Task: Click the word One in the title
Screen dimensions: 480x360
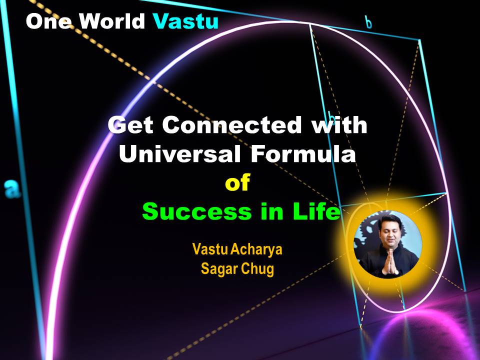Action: [49, 21]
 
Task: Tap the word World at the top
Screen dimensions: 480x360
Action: [112, 21]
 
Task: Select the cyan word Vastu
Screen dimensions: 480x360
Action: [185, 21]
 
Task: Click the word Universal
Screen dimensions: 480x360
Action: [179, 153]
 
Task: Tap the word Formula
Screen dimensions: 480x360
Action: [303, 153]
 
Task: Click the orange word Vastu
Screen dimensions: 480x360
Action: [209, 249]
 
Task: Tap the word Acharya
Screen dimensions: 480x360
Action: [256, 249]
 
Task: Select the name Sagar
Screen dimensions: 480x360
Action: [219, 269]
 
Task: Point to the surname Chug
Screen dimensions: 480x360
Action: [257, 269]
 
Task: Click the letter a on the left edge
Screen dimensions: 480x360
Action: [12, 189]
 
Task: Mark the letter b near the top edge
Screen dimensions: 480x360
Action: [369, 22]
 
